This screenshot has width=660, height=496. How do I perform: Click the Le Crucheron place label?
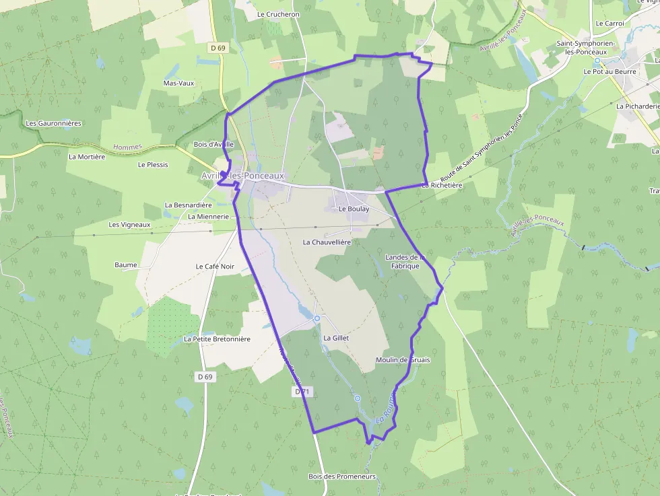tap(278, 14)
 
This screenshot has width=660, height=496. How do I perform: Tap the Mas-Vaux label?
tap(178, 83)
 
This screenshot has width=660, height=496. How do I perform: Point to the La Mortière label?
tap(87, 157)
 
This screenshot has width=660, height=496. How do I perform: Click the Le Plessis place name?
tap(153, 164)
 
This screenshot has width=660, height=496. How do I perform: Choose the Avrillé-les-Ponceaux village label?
tap(247, 176)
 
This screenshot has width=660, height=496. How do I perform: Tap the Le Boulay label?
tap(354, 209)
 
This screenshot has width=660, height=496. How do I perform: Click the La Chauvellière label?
tap(327, 242)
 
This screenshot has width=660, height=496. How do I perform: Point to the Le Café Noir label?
tap(215, 267)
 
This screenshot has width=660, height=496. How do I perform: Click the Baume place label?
tap(125, 265)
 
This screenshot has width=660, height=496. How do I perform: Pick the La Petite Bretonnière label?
tap(217, 339)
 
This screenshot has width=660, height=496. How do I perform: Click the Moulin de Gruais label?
tap(402, 360)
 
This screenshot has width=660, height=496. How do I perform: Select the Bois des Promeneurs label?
tap(341, 476)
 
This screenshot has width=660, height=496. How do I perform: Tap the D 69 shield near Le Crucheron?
tap(217, 48)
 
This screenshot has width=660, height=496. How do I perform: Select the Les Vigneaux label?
tap(129, 225)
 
